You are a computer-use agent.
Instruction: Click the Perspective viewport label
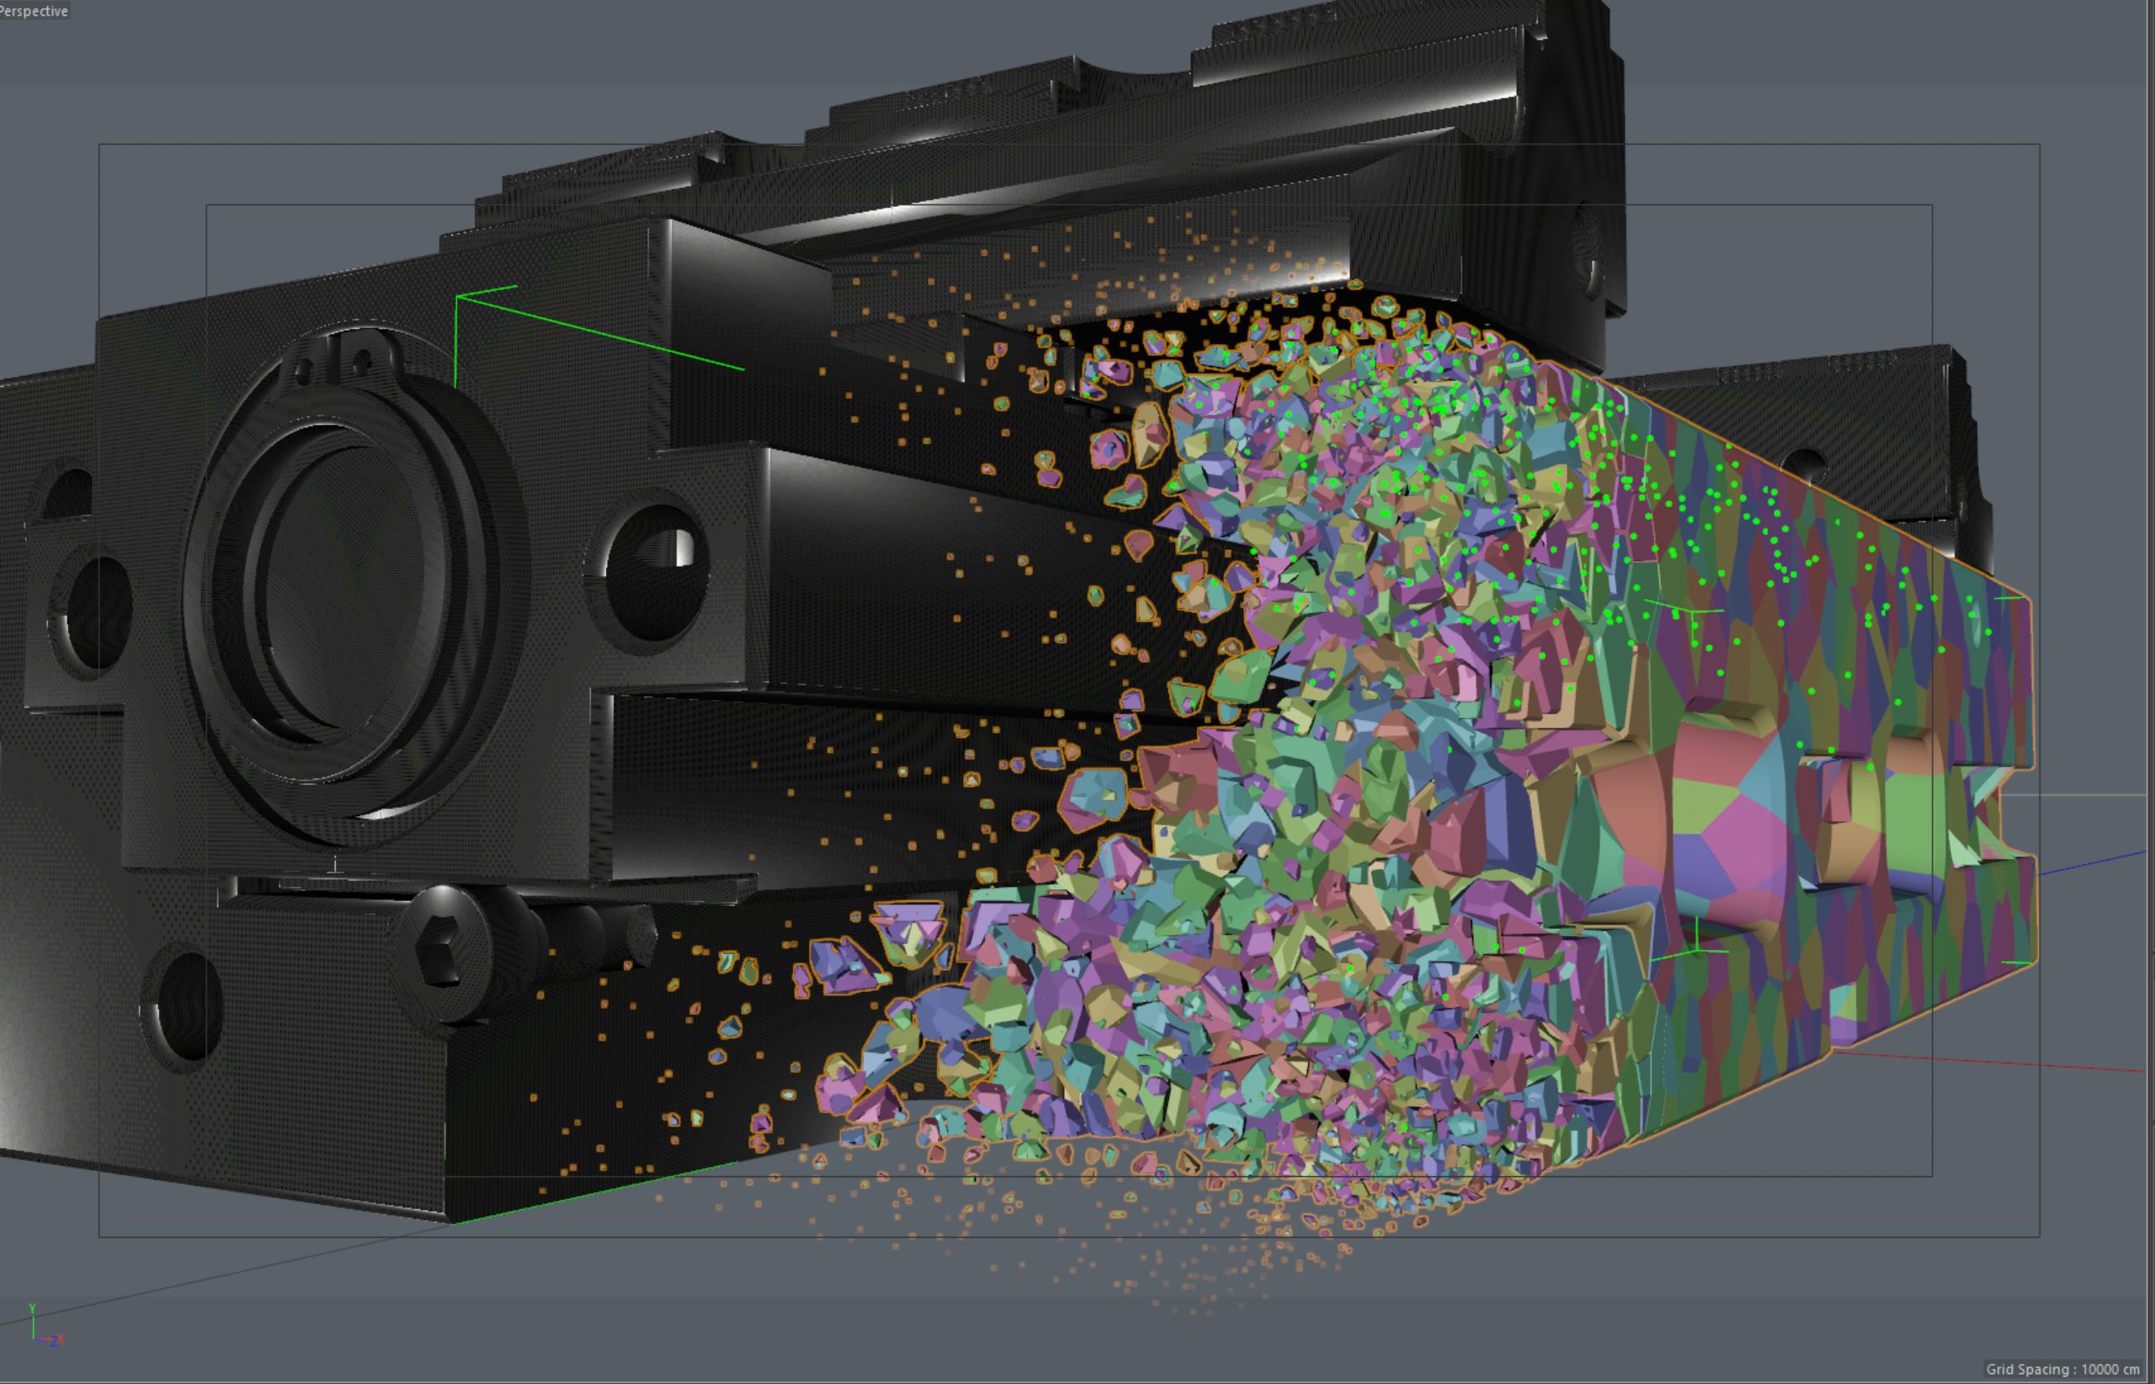click(x=35, y=11)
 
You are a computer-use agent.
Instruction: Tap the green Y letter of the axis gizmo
click(x=32, y=1308)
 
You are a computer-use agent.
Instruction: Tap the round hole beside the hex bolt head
click(x=184, y=1006)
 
